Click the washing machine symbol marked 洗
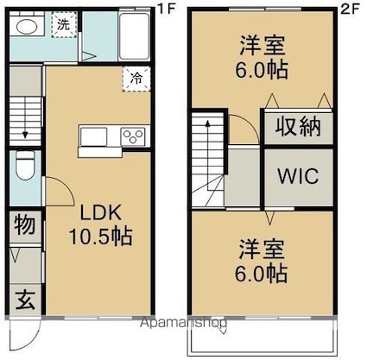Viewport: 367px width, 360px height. (x=64, y=25)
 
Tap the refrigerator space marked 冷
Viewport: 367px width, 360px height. (x=136, y=79)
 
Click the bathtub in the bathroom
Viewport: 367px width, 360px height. (x=134, y=36)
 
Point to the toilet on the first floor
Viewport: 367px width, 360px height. (x=25, y=165)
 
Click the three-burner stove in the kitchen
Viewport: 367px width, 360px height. (x=133, y=136)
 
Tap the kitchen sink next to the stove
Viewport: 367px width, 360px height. (x=93, y=136)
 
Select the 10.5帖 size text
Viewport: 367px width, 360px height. (x=100, y=237)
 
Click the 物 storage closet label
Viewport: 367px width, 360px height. (x=25, y=224)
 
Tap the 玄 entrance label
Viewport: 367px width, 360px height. (x=25, y=300)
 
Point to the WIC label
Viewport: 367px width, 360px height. (x=298, y=175)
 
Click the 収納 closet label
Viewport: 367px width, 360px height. (x=298, y=127)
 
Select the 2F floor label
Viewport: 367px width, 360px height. (x=350, y=9)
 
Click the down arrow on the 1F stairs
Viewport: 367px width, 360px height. (x=25, y=118)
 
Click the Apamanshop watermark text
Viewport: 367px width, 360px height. (x=183, y=324)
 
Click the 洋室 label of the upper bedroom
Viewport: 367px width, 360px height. (x=263, y=45)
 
